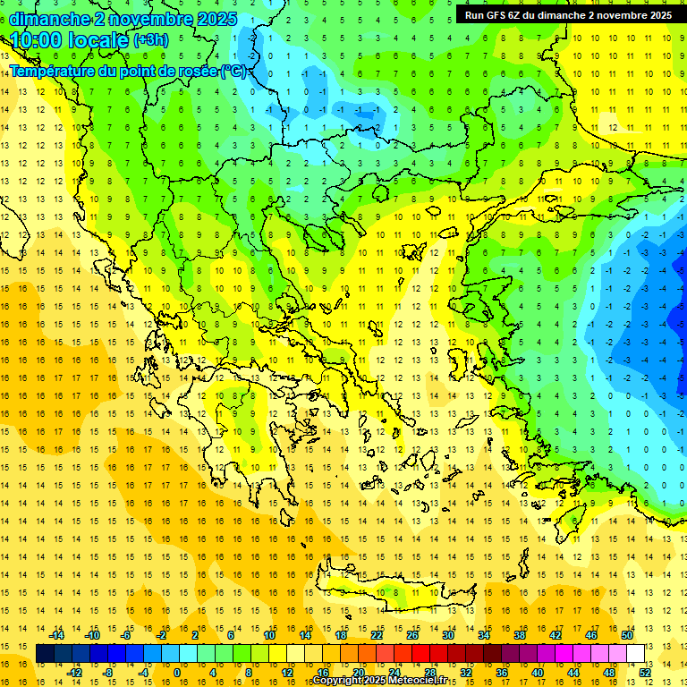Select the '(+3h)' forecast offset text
149,40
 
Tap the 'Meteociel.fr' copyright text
411,681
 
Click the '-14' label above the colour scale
57,635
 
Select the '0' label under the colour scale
177,673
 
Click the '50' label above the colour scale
628,635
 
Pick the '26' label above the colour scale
412,635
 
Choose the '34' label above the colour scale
484,635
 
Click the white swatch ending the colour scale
636,654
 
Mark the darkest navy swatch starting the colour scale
45,654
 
